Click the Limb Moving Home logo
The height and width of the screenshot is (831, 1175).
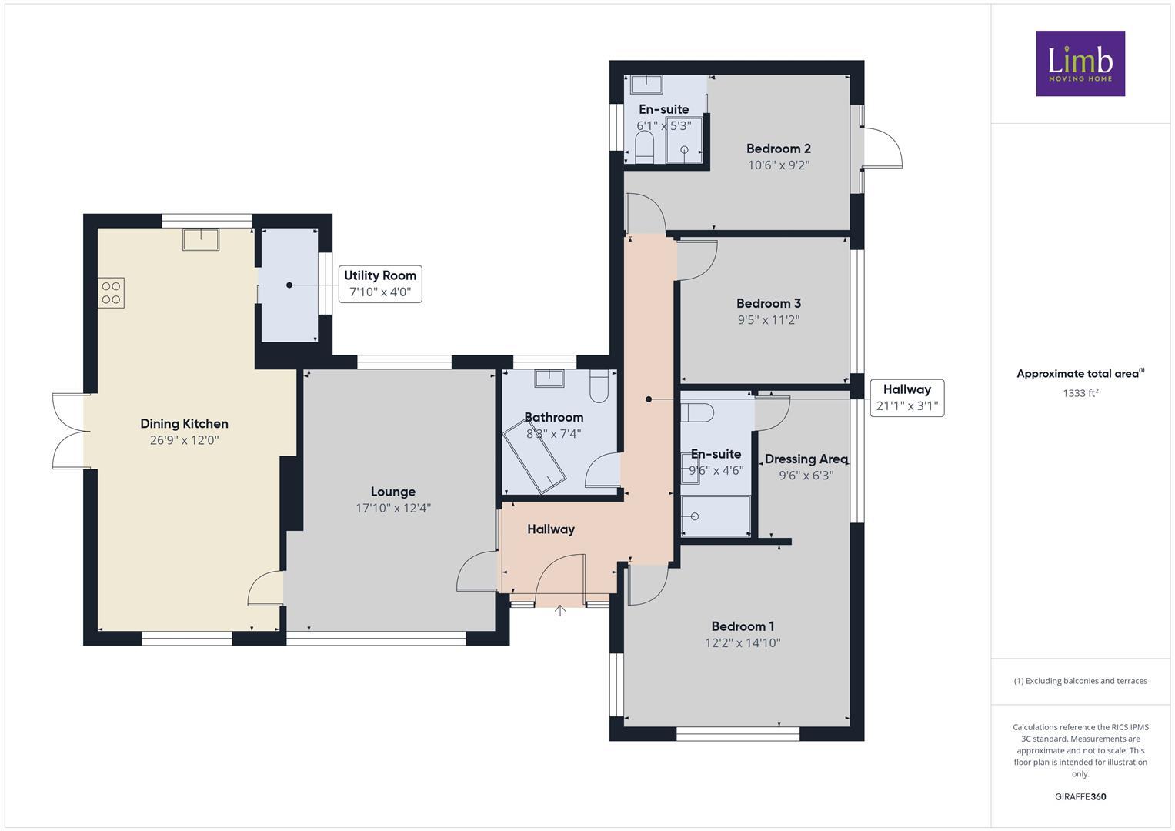tap(1080, 63)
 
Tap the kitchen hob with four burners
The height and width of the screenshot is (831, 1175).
tap(111, 292)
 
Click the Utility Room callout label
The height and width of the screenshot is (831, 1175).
tap(380, 284)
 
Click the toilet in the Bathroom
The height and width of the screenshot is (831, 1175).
tap(599, 387)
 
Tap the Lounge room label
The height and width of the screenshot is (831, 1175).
tap(392, 492)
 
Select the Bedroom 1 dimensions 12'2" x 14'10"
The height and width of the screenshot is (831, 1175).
tap(743, 643)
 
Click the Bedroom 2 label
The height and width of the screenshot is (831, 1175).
tap(778, 149)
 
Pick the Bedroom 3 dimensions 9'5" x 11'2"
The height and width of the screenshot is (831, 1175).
tap(768, 320)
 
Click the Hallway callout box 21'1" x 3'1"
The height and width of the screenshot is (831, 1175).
tap(906, 398)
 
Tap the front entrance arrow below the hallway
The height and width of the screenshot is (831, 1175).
tap(560, 611)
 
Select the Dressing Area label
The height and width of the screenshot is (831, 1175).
tap(806, 459)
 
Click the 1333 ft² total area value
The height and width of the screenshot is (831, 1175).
tap(1080, 393)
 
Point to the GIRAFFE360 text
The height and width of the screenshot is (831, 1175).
tap(1080, 796)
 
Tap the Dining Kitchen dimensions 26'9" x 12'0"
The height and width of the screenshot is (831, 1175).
tap(184, 441)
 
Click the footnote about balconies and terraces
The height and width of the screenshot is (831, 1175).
tap(1080, 681)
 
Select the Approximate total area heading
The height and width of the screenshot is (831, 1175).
tap(1080, 374)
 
